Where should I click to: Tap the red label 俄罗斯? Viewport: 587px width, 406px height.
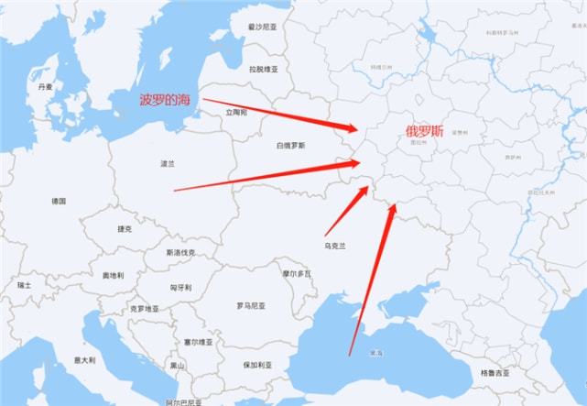tap(424, 131)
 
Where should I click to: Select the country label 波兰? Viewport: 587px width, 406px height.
tap(167, 164)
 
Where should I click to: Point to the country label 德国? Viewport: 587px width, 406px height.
tap(59, 201)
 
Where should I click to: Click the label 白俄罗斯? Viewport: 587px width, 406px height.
tap(291, 146)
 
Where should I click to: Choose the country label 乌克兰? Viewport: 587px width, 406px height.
tap(336, 245)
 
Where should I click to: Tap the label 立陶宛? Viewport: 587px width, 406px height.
tap(236, 112)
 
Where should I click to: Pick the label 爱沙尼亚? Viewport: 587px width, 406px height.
tap(262, 28)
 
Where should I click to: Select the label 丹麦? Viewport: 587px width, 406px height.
tap(46, 86)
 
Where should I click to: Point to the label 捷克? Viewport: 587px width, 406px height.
tap(125, 228)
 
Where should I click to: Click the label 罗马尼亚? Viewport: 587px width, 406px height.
tap(253, 305)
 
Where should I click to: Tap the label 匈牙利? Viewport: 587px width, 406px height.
tap(180, 287)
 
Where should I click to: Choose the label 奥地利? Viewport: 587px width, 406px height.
tap(114, 275)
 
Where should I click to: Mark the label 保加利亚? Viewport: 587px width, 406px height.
tap(257, 365)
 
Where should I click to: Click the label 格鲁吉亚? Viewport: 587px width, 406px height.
tap(495, 373)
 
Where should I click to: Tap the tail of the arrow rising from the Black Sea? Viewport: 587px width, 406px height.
tap(349, 354)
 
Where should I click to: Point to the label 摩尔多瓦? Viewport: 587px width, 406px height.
tap(297, 273)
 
